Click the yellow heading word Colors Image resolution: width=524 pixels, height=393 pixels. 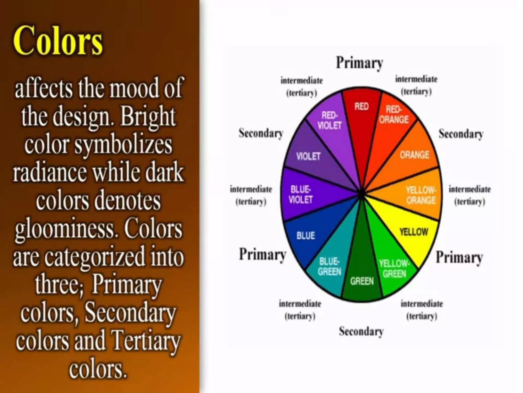[58, 40]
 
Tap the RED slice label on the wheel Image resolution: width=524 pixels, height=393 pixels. [361, 106]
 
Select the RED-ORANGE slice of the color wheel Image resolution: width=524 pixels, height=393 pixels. [394, 115]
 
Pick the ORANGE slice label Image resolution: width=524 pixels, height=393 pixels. [414, 155]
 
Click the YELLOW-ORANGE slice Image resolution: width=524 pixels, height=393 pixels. [421, 195]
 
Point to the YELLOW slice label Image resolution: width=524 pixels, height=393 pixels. [413, 232]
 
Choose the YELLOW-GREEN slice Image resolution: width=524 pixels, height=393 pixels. [394, 269]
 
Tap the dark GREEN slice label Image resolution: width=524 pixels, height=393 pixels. [362, 281]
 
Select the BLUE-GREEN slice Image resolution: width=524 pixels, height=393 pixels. [329, 267]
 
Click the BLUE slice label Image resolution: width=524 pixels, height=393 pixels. [305, 235]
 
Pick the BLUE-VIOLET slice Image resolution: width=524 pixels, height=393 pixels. [301, 194]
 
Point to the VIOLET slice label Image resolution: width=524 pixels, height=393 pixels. [308, 156]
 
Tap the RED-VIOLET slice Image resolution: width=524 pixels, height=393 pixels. [330, 120]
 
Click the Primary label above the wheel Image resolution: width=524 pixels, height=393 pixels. [359, 63]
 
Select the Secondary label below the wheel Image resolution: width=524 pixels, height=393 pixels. [361, 331]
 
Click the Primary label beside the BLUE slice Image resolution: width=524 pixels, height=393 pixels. [263, 255]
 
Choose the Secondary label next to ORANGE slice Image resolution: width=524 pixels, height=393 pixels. [461, 134]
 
